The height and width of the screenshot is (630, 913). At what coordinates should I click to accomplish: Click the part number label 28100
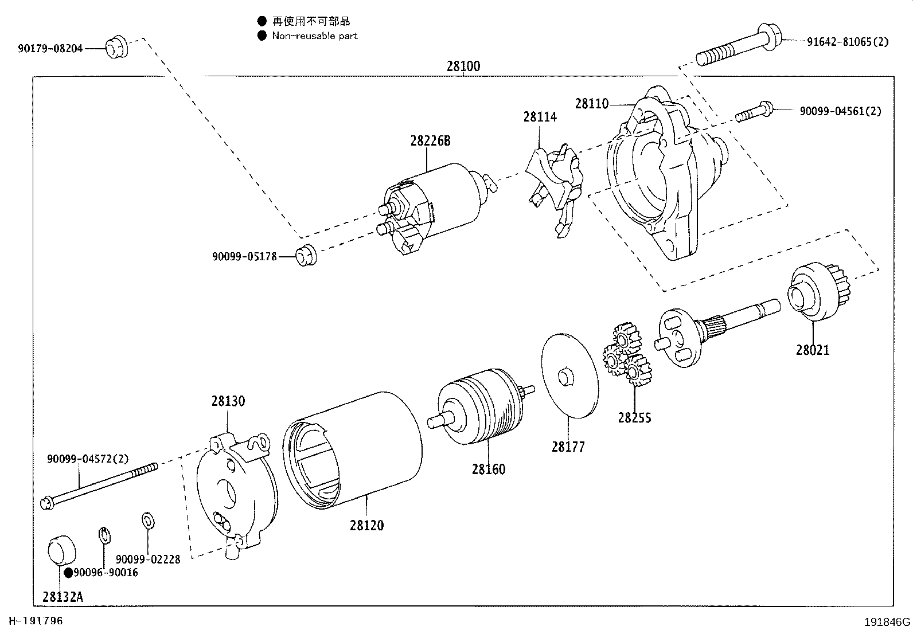(463, 66)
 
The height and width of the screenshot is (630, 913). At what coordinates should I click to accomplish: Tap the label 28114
(540, 117)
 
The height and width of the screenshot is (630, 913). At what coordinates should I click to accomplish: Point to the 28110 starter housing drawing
(660, 178)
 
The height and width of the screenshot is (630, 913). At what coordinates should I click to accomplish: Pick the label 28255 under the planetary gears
(634, 418)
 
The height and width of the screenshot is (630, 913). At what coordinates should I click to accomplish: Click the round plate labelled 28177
(569, 375)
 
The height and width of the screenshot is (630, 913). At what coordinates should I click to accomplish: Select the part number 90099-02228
(148, 559)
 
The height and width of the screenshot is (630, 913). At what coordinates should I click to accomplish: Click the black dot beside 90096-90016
(68, 573)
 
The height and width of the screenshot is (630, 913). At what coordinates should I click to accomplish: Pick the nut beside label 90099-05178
(306, 255)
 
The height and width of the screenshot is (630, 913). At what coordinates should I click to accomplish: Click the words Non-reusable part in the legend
(314, 36)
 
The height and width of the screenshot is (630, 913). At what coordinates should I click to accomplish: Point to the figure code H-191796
(35, 621)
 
